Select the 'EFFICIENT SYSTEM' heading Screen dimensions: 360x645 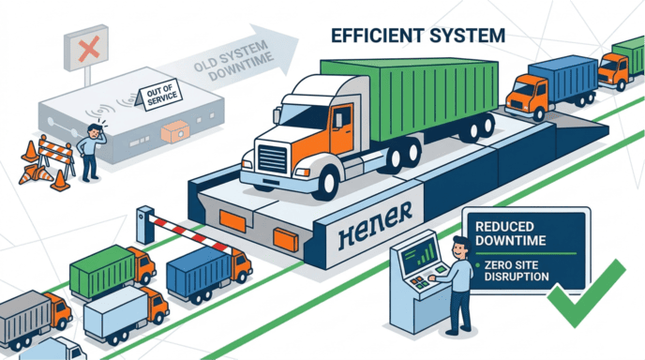(x=417, y=36)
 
